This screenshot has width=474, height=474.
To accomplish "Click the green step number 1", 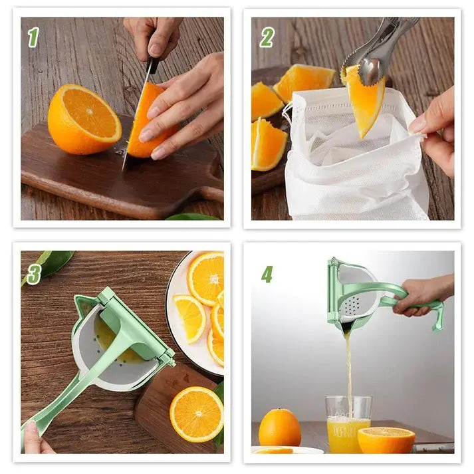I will pos(33,37).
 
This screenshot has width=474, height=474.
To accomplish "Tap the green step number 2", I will pos(267,37).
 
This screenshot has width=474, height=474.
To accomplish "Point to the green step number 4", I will pos(267,273).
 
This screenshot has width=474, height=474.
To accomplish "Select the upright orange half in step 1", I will pos(84,119).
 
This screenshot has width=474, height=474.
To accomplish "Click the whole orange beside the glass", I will pos(279,427).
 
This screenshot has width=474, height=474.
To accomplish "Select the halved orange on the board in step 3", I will pos(196,414).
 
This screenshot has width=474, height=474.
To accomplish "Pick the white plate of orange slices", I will pos(196,312).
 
